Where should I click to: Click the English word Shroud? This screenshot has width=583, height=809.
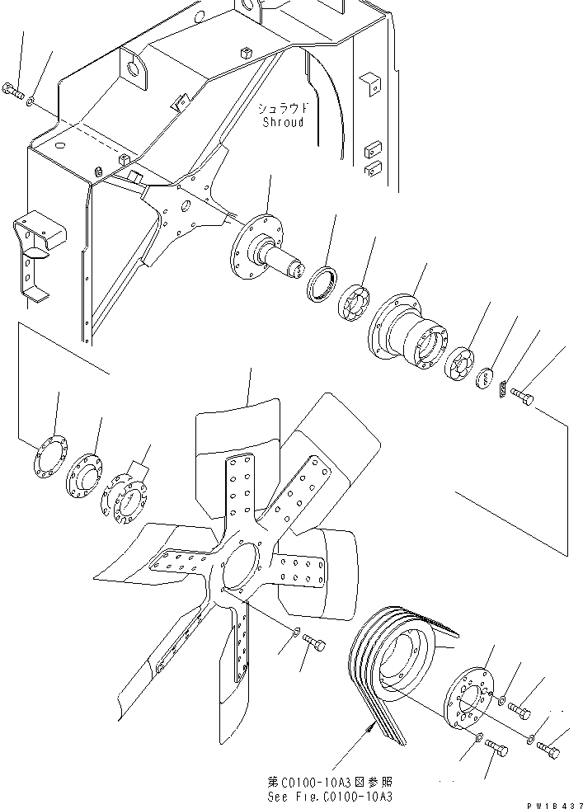click(x=283, y=122)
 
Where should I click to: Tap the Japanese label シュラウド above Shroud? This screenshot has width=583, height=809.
click(x=283, y=108)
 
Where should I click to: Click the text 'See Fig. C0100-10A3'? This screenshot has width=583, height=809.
click(x=330, y=797)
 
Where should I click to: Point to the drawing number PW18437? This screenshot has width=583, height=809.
click(x=555, y=805)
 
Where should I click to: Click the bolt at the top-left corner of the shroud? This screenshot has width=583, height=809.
click(x=13, y=91)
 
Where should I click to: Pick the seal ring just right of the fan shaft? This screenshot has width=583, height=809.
click(x=322, y=282)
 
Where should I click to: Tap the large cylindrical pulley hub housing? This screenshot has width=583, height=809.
click(x=407, y=330)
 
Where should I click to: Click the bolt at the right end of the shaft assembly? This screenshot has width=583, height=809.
click(x=522, y=396)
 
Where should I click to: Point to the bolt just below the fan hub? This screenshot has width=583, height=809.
click(x=313, y=642)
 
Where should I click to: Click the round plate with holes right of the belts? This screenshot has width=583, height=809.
click(x=468, y=701)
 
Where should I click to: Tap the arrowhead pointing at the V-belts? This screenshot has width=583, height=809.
click(x=369, y=728)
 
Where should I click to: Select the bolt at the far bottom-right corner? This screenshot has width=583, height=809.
click(x=548, y=750)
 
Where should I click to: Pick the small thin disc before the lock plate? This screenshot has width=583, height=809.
click(x=484, y=379)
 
